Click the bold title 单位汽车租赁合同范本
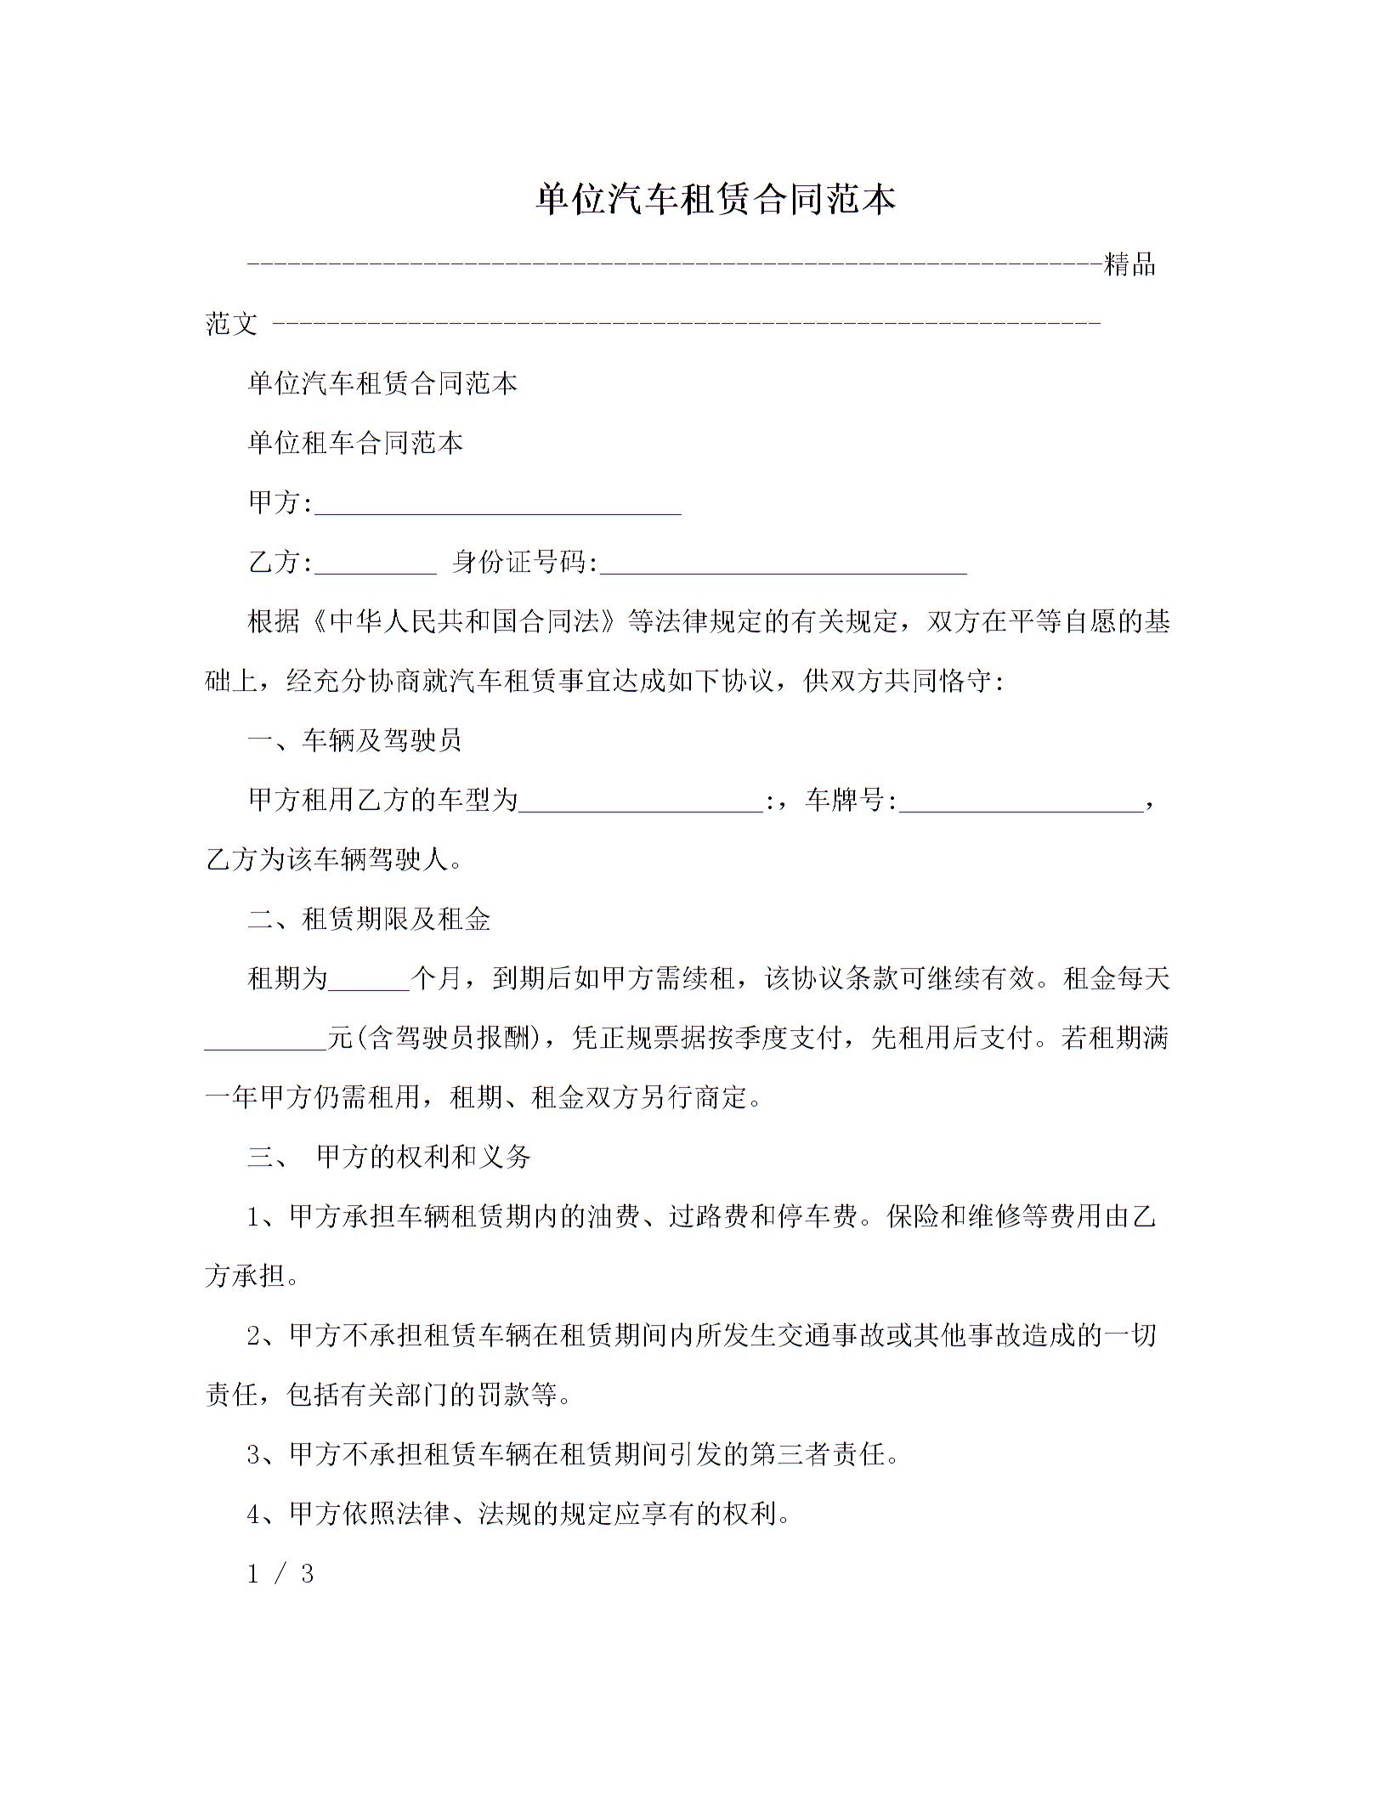tap(716, 199)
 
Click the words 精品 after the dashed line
tap(1129, 265)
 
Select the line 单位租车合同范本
tap(355, 443)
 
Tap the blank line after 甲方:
tap(498, 505)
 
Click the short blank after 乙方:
tap(375, 564)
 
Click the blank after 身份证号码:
tap(784, 564)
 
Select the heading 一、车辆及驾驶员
tap(354, 740)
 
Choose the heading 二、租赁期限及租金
tap(369, 919)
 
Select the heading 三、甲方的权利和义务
tap(389, 1157)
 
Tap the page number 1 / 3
tap(280, 1574)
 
